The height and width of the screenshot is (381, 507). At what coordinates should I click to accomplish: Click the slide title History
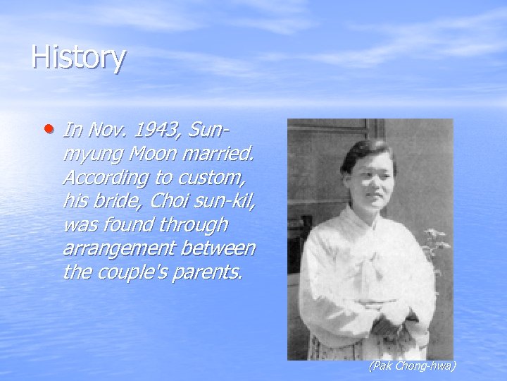pyautogui.click(x=78, y=57)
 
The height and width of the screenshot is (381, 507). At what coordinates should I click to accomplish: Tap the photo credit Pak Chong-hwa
pyautogui.click(x=413, y=365)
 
